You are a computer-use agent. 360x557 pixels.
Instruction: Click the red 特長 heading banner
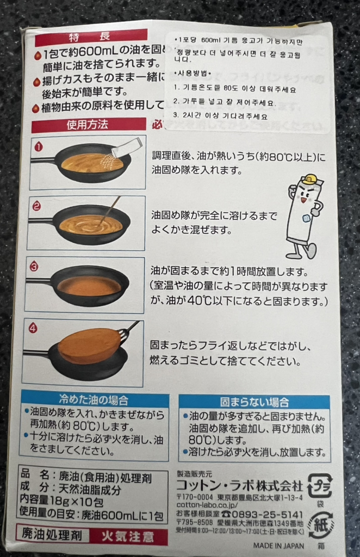84,36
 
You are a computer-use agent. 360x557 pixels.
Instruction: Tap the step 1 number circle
38,146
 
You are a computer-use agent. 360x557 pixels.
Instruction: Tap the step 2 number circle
36,206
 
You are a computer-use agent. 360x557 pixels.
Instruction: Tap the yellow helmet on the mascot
309,179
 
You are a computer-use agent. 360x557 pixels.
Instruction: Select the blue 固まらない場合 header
254,403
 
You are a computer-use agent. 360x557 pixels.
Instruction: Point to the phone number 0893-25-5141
267,514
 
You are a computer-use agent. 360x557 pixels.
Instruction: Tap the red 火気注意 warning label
127,536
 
